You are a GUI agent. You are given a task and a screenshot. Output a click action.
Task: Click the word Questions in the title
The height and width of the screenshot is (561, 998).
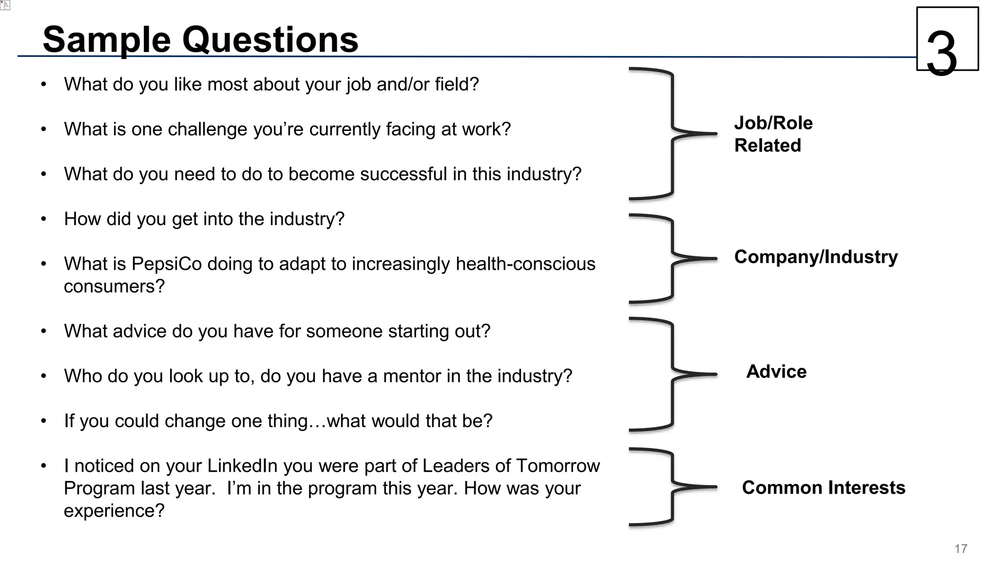coord(270,39)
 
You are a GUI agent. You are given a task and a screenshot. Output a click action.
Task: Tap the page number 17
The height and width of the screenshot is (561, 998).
coord(960,549)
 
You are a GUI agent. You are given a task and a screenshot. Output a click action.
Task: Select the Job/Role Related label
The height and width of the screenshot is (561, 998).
coord(773,134)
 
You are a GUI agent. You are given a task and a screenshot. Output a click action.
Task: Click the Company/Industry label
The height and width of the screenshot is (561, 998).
coord(816,257)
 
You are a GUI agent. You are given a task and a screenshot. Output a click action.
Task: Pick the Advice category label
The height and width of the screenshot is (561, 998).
coord(776,372)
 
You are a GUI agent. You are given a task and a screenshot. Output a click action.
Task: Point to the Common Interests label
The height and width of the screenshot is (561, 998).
coord(824,487)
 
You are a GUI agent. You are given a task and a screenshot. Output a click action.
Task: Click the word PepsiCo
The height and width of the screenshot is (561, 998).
coord(167,264)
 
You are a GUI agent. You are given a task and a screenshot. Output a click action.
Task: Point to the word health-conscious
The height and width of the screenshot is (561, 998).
coord(525,264)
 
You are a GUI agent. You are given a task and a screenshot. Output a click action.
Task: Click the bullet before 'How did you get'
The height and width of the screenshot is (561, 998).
coord(44,219)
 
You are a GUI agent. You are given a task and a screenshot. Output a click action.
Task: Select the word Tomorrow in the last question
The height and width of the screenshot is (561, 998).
coord(557,466)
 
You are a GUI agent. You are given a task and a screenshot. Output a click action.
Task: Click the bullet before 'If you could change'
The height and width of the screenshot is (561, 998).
coord(44,421)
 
